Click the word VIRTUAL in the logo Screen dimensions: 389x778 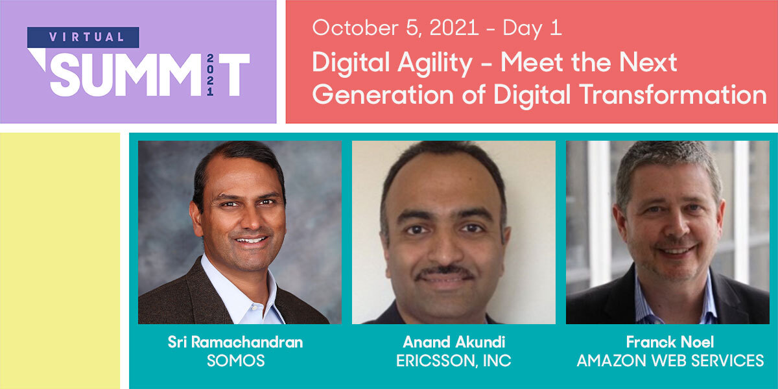pos(83,37)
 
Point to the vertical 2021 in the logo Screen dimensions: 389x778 pos(210,75)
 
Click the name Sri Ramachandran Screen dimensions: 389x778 pos(235,342)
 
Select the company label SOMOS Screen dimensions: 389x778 pos(235,360)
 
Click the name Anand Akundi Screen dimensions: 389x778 pos(453,342)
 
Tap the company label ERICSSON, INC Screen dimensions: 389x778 pos(453,360)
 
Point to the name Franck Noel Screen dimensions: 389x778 pos(670,342)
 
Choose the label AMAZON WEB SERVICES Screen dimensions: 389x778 pos(670,360)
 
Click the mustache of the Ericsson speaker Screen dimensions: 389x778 pos(445,273)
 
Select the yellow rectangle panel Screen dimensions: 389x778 pos(60,259)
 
